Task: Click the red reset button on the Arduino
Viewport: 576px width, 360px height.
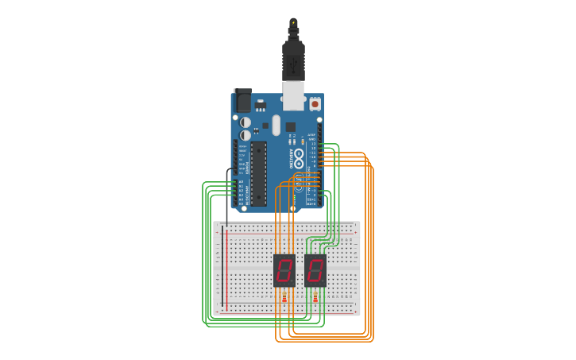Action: coord(315,103)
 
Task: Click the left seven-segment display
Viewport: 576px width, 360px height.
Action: coord(284,270)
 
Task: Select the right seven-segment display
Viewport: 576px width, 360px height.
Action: coord(315,270)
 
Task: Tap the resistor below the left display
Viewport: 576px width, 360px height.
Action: coord(284,298)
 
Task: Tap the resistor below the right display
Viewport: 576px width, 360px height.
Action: coord(315,298)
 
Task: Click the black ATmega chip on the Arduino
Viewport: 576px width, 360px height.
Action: coord(258,174)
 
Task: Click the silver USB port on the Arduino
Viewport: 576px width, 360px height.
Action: coord(293,95)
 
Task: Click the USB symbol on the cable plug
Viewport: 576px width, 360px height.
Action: coord(293,60)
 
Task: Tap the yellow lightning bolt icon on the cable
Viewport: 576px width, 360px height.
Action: coord(293,22)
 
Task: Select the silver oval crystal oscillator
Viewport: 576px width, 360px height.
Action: coord(276,125)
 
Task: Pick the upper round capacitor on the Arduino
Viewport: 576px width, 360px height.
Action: coord(245,122)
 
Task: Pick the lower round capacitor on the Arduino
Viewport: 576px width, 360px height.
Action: coord(245,135)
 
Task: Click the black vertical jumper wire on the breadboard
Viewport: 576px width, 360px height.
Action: coord(227,199)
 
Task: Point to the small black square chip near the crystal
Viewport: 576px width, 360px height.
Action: coord(291,126)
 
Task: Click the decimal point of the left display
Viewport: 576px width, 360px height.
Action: coord(293,282)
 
